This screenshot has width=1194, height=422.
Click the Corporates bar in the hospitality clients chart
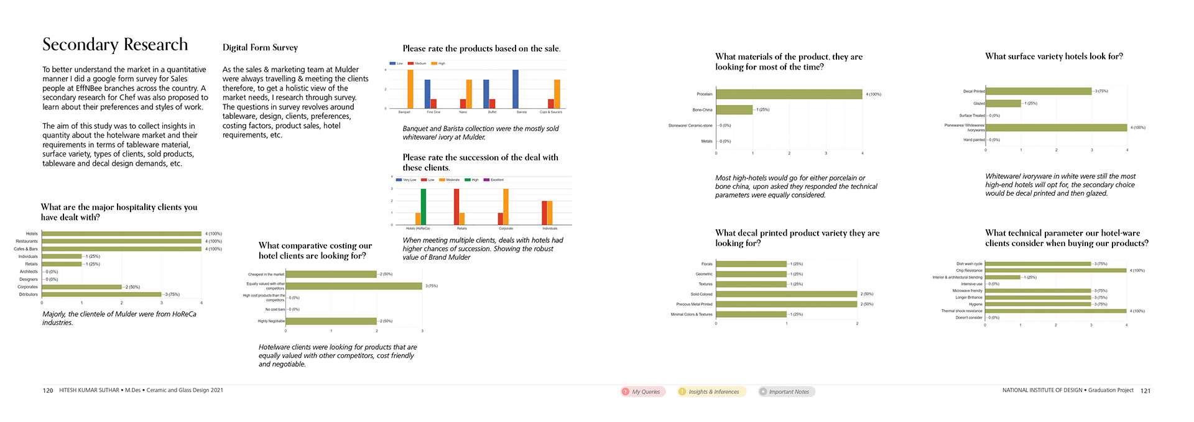click(x=81, y=287)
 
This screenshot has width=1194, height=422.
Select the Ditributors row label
click(x=29, y=295)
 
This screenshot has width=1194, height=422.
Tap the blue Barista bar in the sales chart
click(x=516, y=89)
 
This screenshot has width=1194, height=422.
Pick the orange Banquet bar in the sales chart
click(x=410, y=89)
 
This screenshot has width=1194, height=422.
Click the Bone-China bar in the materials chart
click(x=734, y=110)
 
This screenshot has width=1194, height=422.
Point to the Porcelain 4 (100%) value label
click(x=874, y=94)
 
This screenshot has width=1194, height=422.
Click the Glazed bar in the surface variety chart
click(x=1003, y=103)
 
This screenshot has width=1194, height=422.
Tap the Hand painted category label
click(x=974, y=140)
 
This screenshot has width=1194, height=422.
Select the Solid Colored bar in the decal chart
click(x=787, y=294)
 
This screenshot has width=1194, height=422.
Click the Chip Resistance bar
click(x=1056, y=270)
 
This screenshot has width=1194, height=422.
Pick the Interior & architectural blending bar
click(x=1002, y=277)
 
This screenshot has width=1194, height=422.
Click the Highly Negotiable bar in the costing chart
click(x=331, y=321)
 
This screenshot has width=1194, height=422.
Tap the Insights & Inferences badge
click(x=711, y=392)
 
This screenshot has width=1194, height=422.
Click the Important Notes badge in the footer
click(x=787, y=392)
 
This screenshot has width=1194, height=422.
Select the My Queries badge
click(x=643, y=392)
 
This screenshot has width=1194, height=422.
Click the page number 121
click(x=1145, y=391)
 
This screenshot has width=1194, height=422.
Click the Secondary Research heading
click(x=115, y=45)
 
